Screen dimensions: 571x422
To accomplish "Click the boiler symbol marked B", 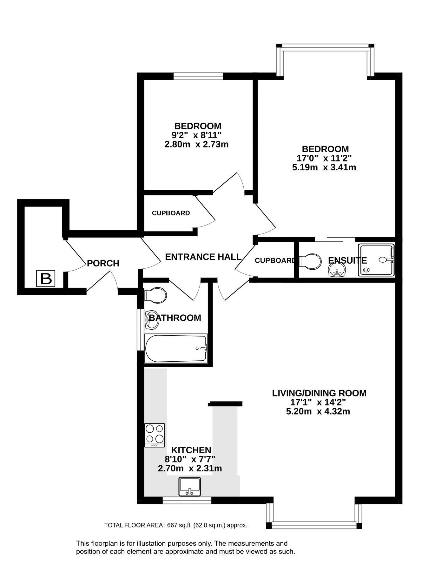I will pyautogui.click(x=46, y=279).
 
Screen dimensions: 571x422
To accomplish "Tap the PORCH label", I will pyautogui.click(x=103, y=263).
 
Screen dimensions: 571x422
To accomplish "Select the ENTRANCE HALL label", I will pyautogui.click(x=203, y=257).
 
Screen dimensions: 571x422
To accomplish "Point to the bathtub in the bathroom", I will pyautogui.click(x=175, y=348).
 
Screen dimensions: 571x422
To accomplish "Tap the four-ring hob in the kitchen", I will pyautogui.click(x=155, y=435).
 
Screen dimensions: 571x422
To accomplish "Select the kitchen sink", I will pyautogui.click(x=190, y=486).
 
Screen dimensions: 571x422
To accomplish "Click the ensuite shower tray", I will pyautogui.click(x=376, y=260).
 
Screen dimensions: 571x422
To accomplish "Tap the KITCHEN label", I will pyautogui.click(x=191, y=450).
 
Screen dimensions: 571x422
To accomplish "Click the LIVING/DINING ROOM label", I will pyautogui.click(x=319, y=393).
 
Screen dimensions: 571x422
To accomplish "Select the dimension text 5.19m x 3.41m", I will pyautogui.click(x=324, y=167).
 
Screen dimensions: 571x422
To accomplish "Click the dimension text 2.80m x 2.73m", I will pyautogui.click(x=196, y=144).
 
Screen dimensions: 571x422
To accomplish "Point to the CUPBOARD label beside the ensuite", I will pyautogui.click(x=275, y=260).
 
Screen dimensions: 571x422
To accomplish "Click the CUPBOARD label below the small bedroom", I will pyautogui.click(x=171, y=213).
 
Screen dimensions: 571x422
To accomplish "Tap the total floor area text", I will pyautogui.click(x=175, y=525).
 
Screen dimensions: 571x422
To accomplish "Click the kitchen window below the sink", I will pyautogui.click(x=187, y=500).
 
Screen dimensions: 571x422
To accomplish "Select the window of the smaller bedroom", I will pyautogui.click(x=198, y=76).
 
